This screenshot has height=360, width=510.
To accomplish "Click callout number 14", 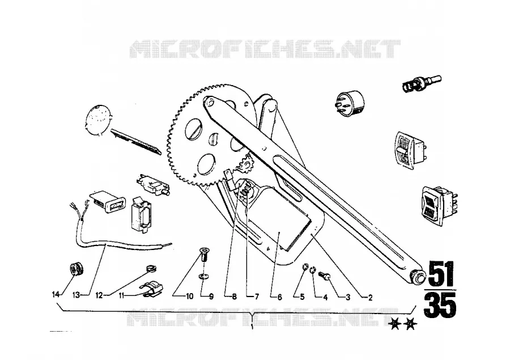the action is click(x=56, y=295).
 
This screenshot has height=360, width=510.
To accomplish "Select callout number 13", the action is click(x=76, y=295).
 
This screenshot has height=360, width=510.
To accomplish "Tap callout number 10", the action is click(x=190, y=296).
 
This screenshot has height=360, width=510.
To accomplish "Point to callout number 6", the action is click(x=280, y=297).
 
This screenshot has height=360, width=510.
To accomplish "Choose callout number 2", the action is click(x=370, y=297).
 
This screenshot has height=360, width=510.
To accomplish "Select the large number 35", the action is click(x=440, y=305).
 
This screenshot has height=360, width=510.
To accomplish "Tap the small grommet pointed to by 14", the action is click(x=76, y=268).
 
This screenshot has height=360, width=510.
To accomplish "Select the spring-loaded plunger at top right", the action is click(x=422, y=83).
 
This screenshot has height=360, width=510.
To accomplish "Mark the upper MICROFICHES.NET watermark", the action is click(x=265, y=49).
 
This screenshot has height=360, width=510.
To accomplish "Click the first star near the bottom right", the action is click(x=395, y=324).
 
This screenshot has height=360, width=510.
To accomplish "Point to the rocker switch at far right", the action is click(x=439, y=206).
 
